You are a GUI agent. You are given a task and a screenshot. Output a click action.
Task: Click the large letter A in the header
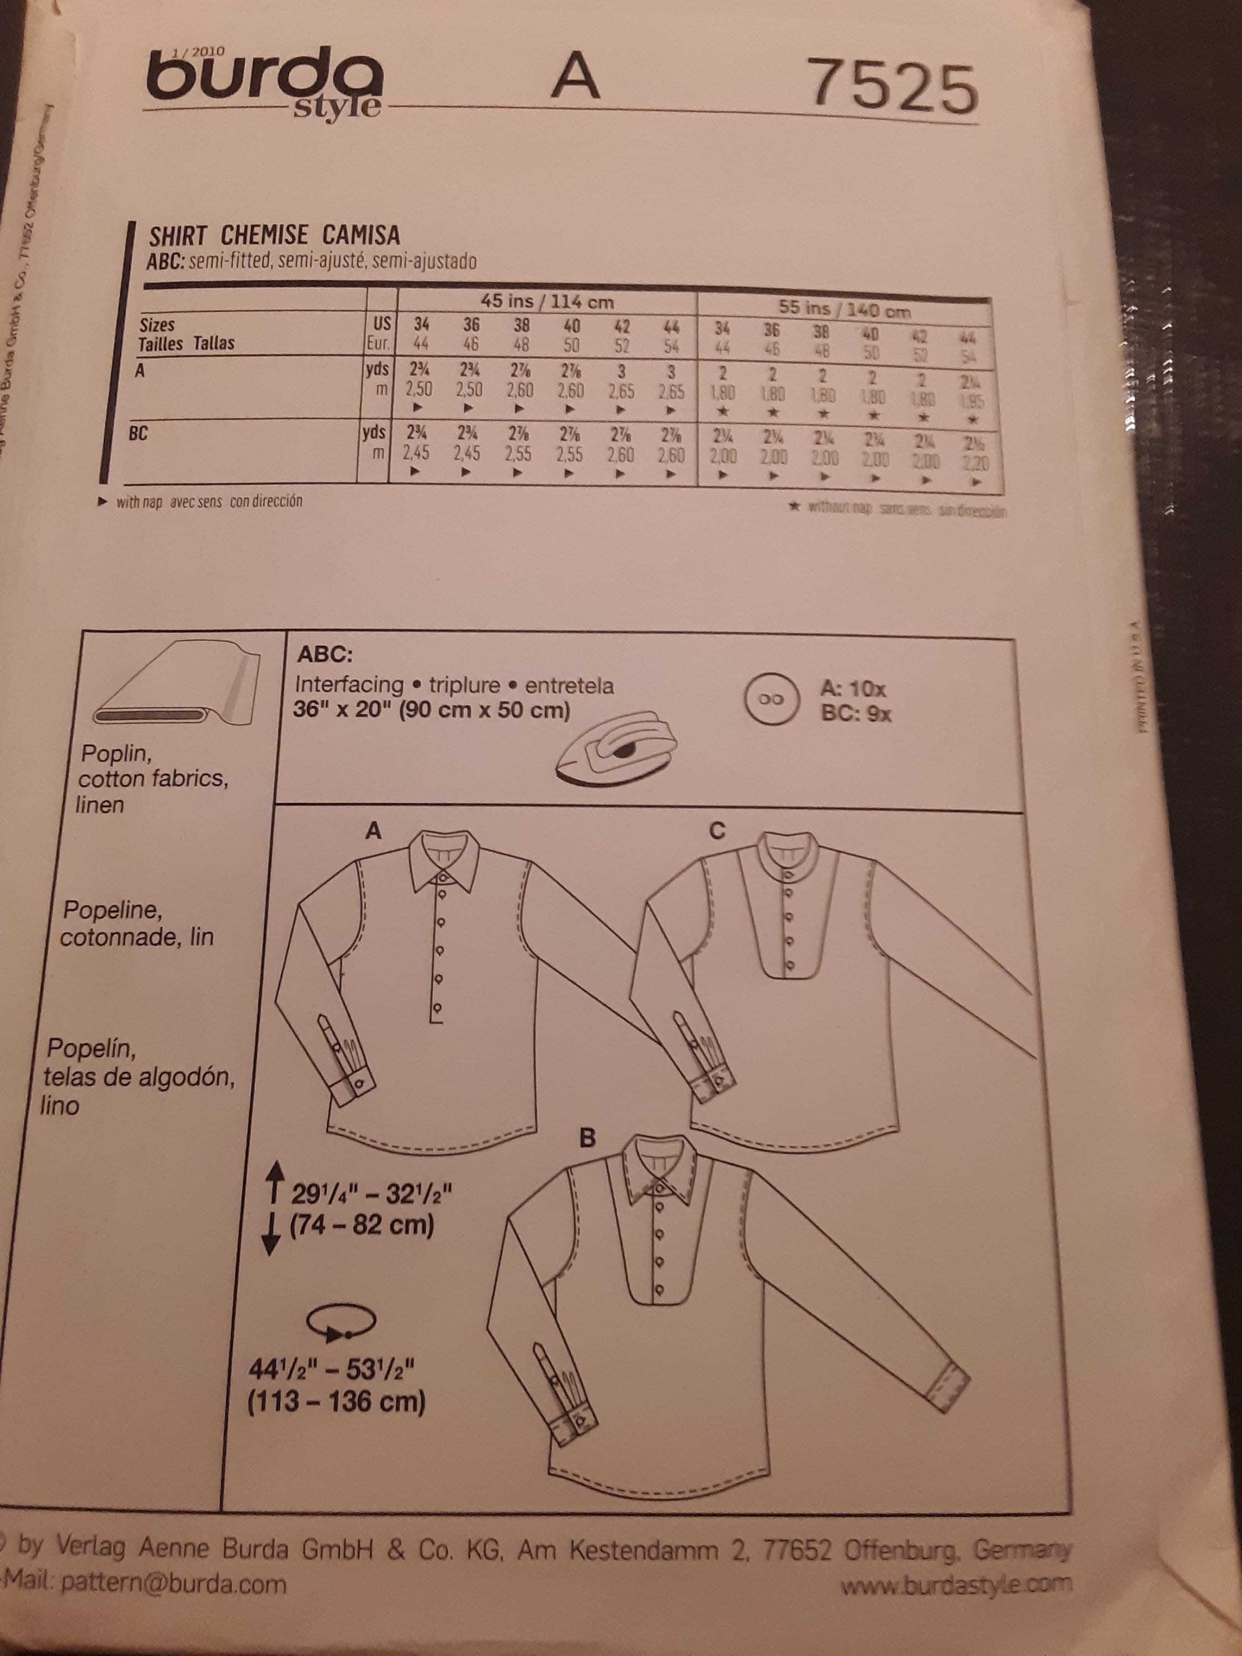575,77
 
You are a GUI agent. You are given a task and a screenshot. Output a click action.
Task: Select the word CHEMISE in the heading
264,236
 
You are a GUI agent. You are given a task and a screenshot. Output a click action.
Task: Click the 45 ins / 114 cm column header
546,302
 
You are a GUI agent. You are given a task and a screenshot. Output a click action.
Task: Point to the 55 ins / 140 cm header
845,309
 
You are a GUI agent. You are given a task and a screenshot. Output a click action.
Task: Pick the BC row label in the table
138,433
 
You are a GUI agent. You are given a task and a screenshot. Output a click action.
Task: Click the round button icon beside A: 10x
771,700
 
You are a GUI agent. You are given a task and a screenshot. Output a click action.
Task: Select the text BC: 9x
856,713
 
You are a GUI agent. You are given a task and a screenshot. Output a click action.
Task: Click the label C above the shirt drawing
716,830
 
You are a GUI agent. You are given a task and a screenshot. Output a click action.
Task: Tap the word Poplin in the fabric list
117,752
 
